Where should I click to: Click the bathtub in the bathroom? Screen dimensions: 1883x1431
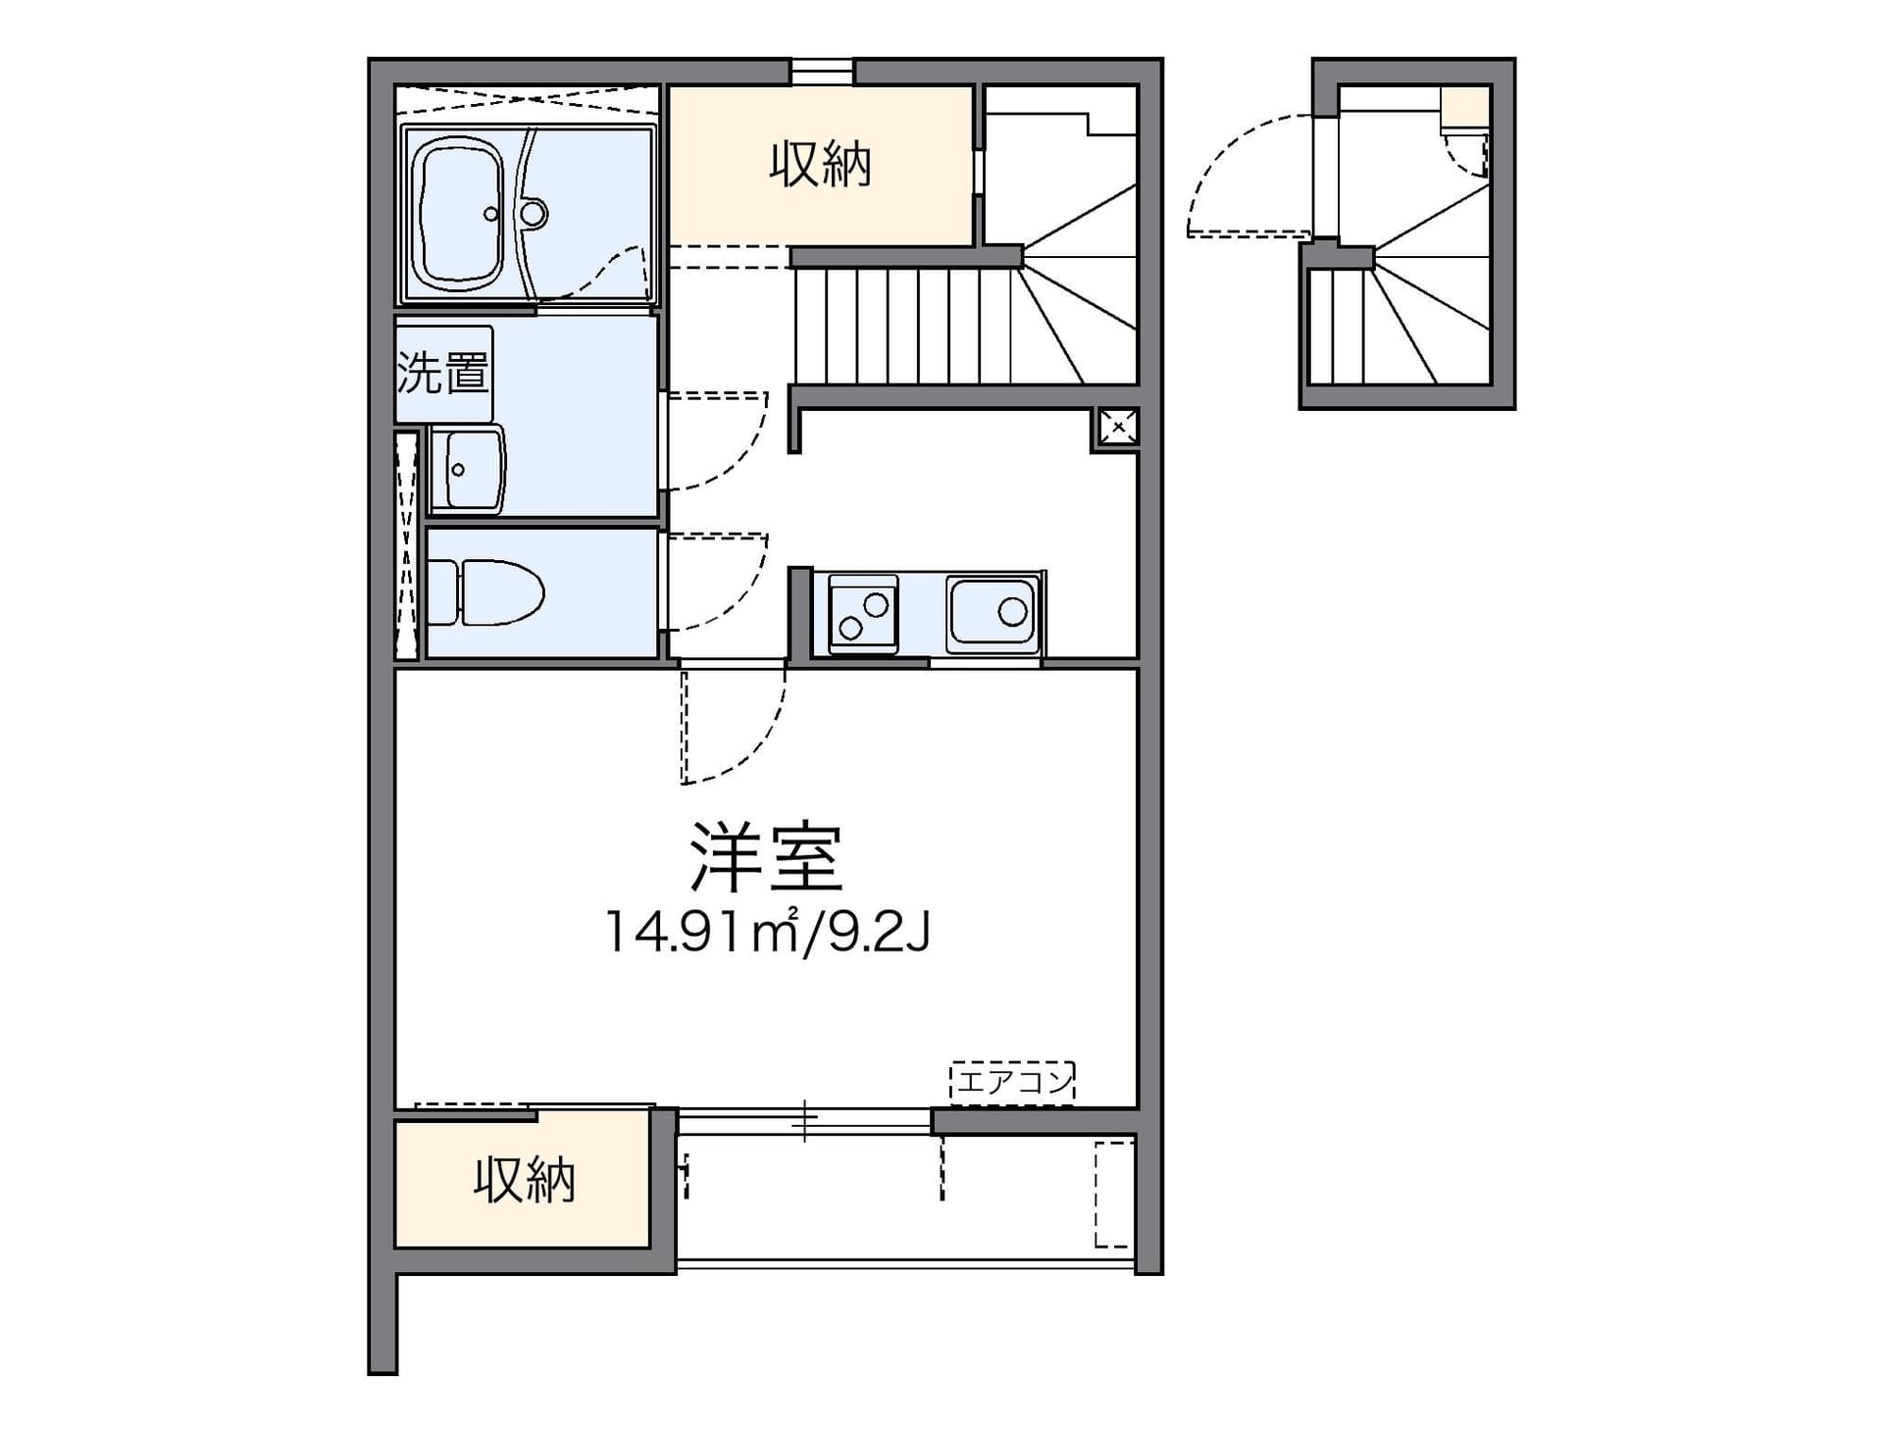(459, 214)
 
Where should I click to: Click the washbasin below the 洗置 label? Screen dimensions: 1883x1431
(467, 470)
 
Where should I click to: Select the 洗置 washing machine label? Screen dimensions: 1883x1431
(442, 373)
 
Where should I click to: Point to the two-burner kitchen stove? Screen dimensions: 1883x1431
(863, 614)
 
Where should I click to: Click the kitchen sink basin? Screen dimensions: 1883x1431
(992, 615)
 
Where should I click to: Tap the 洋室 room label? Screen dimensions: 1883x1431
(766, 856)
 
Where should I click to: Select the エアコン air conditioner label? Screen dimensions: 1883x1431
(1013, 1082)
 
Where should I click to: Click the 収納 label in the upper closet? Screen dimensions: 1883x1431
(820, 165)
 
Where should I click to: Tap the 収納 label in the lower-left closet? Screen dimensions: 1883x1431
(524, 1180)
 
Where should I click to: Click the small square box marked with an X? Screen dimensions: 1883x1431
(1118, 428)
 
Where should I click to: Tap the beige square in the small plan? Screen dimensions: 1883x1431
(1465, 107)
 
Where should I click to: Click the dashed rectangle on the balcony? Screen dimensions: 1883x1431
(1114, 1194)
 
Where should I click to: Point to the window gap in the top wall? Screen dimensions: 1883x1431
(822, 72)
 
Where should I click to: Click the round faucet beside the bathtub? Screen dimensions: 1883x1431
(533, 213)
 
